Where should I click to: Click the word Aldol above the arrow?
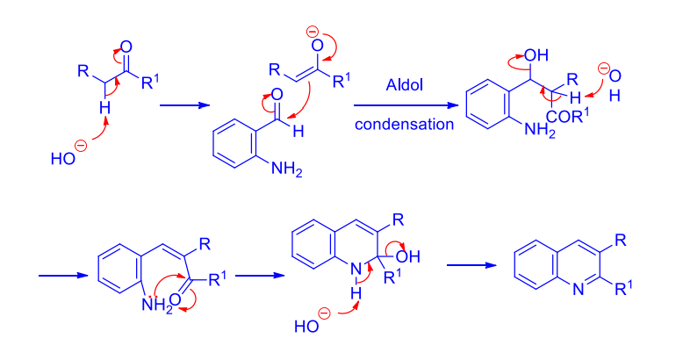click(x=404, y=84)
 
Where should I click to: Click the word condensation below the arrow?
click(x=404, y=124)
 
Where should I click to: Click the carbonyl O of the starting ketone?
click(x=126, y=47)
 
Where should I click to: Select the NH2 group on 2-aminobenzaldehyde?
click(x=286, y=169)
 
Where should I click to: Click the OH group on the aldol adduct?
click(x=536, y=55)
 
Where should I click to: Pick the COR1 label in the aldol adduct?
click(x=568, y=117)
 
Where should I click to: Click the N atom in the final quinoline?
click(x=579, y=290)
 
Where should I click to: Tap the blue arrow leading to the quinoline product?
click(x=471, y=265)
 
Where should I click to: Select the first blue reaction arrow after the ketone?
click(x=184, y=105)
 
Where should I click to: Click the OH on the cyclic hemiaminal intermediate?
click(x=408, y=256)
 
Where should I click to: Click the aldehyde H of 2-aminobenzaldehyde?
click(x=298, y=131)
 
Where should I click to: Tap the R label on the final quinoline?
click(x=621, y=240)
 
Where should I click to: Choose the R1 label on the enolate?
click(x=341, y=81)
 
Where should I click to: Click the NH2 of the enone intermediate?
click(x=157, y=305)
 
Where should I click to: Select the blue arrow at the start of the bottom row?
click(x=63, y=276)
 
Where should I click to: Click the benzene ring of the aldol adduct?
click(x=487, y=104)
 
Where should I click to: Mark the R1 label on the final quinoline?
click(x=624, y=288)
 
